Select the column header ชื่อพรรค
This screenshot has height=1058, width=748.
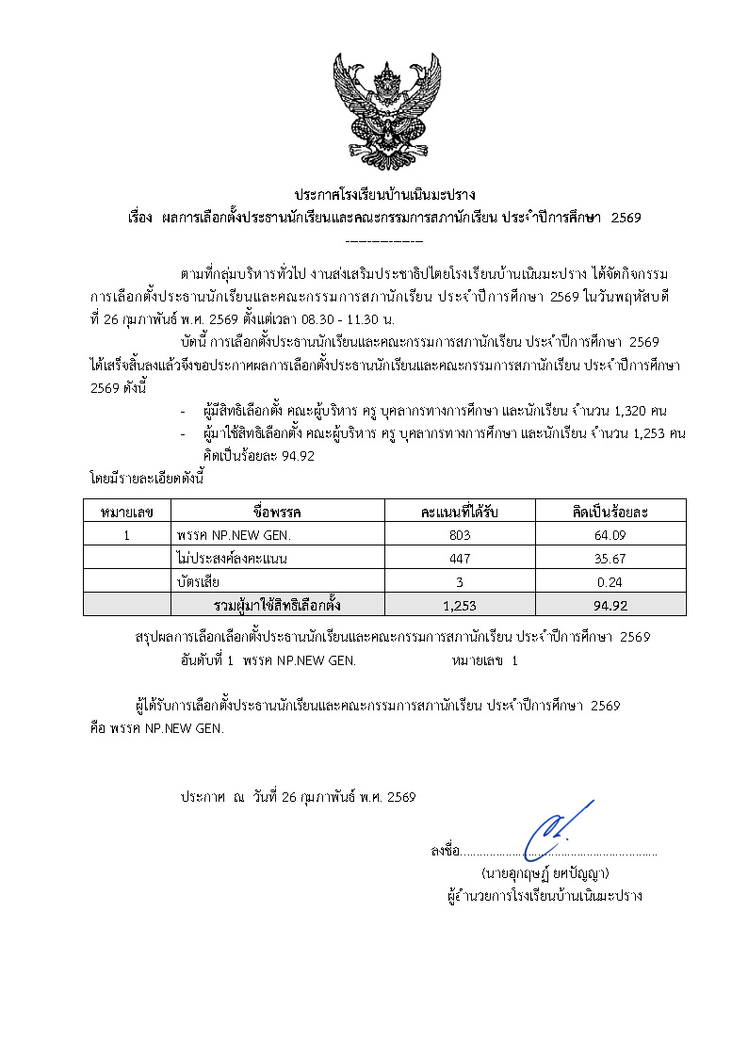tap(277, 512)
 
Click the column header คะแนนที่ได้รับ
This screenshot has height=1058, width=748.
tap(459, 512)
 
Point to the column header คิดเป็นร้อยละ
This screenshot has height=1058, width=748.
tap(610, 512)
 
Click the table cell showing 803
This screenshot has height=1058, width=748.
tap(459, 535)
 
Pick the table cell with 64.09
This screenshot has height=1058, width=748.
tap(610, 535)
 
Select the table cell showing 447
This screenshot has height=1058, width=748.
tap(459, 559)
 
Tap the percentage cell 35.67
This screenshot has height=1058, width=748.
tap(610, 559)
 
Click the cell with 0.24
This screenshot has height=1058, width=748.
tap(610, 582)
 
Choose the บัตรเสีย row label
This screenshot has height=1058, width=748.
tap(198, 582)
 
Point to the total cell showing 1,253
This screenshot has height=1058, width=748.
tap(459, 605)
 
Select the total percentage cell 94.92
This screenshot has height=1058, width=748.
tap(610, 605)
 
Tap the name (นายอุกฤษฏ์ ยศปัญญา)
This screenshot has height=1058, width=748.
tap(545, 873)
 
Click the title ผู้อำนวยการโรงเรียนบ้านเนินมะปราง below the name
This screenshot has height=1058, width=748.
tap(545, 896)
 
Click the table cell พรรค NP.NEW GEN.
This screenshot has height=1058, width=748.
tap(233, 535)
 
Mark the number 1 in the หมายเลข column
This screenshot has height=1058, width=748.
tap(126, 535)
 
